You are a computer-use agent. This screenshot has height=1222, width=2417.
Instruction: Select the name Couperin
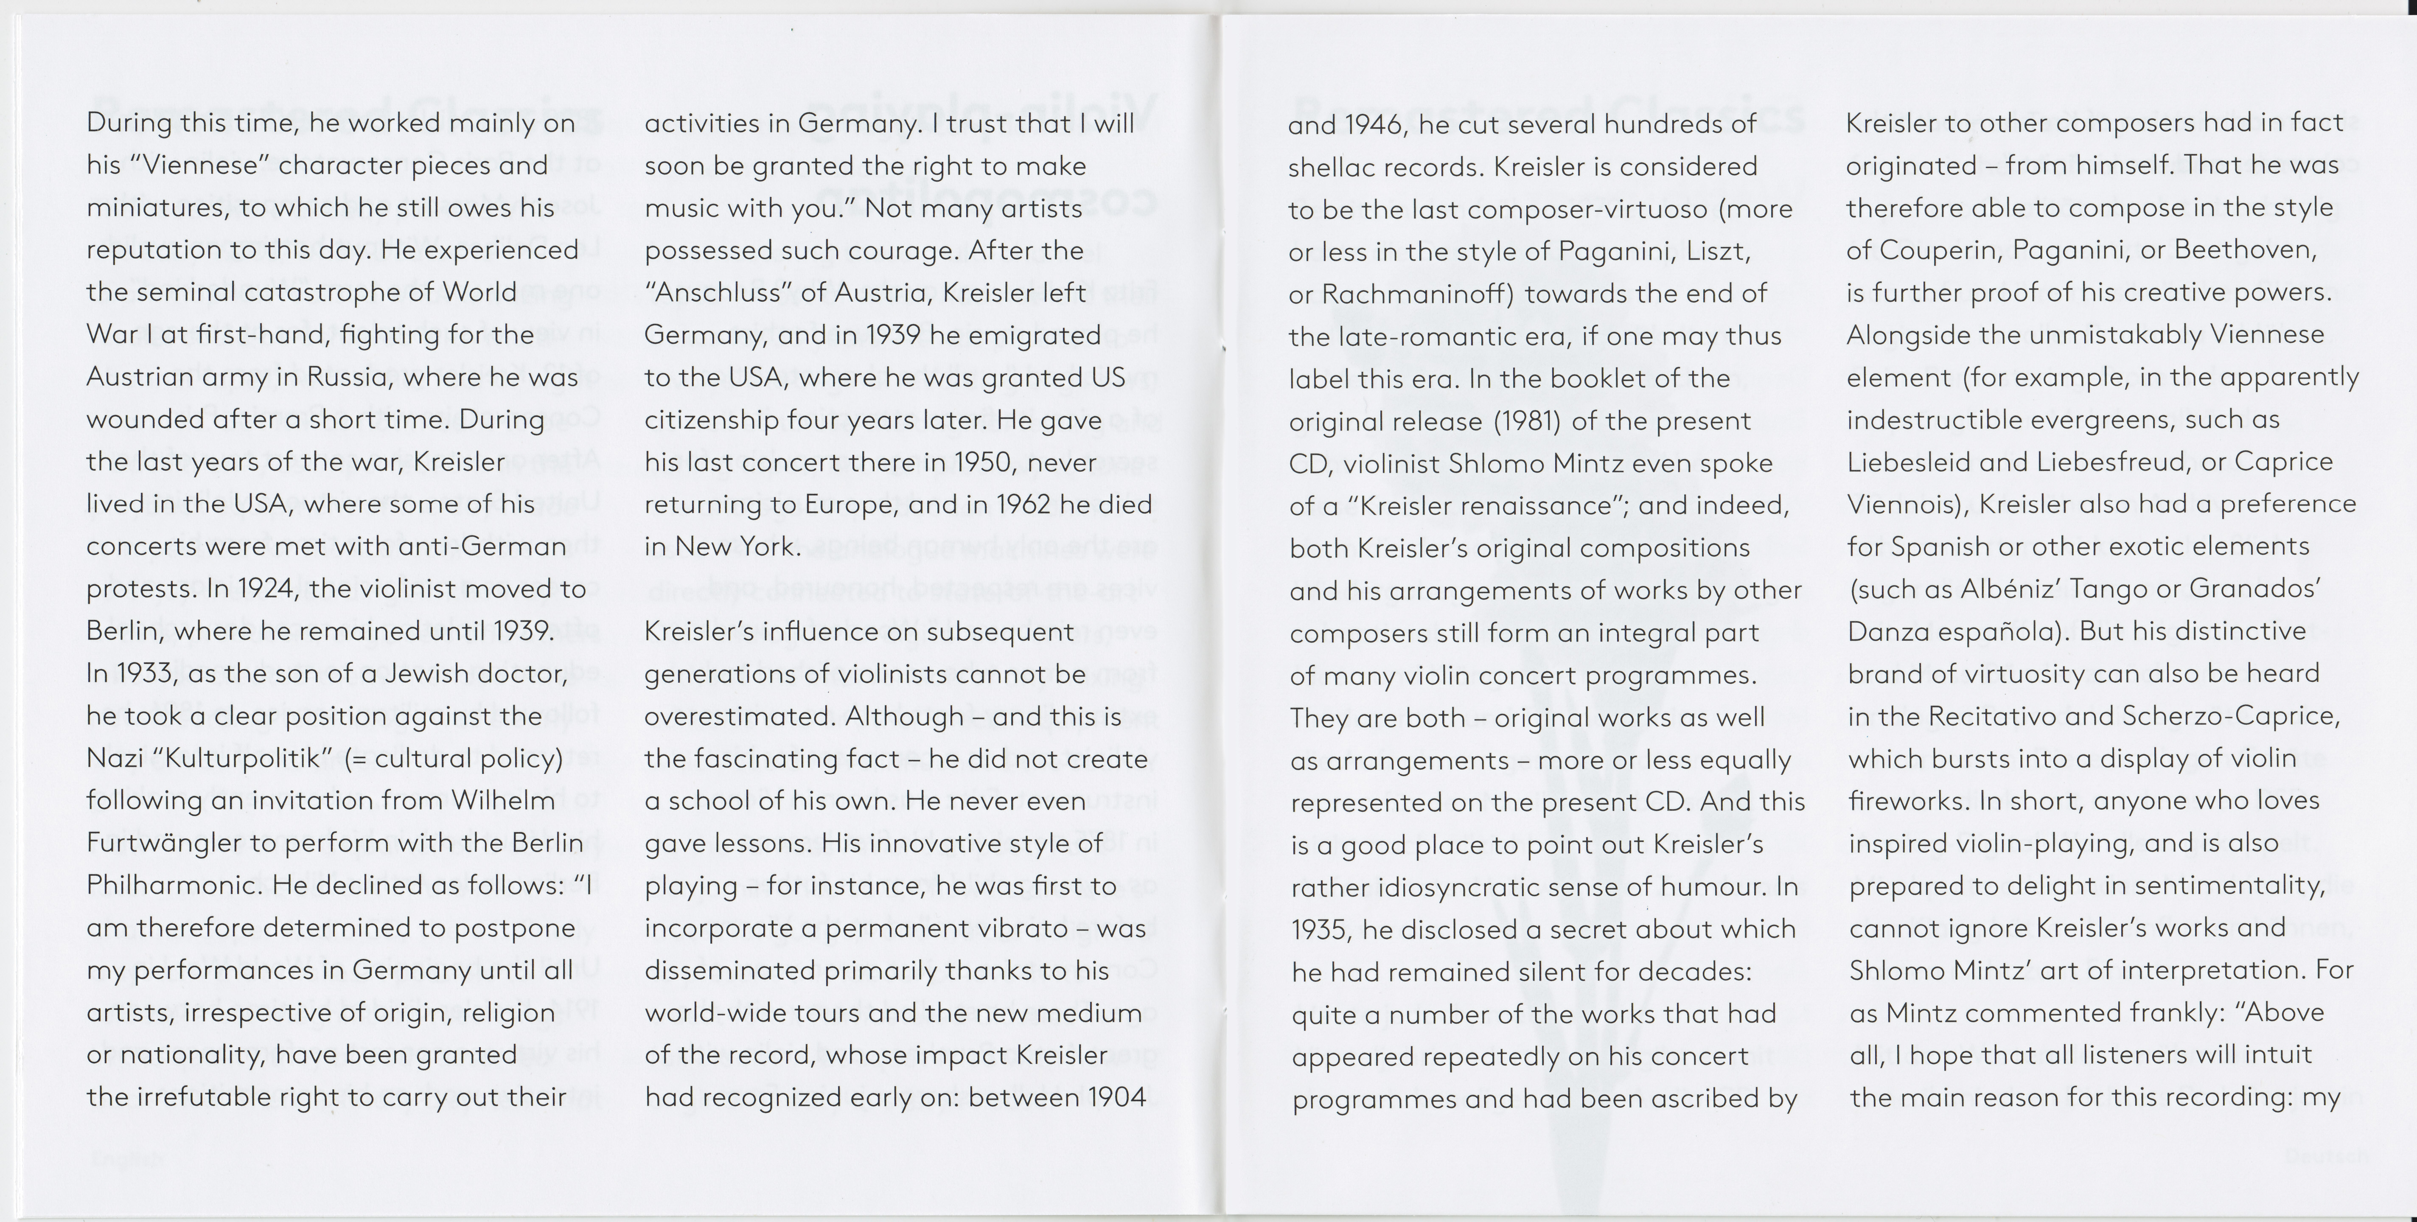click(1936, 251)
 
